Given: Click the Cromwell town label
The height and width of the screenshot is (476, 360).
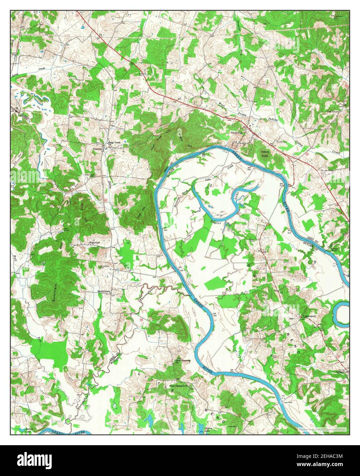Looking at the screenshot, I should point(236,132).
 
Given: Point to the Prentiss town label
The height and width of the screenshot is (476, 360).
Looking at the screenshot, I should point(98,149).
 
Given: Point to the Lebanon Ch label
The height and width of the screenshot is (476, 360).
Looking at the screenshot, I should point(342,372).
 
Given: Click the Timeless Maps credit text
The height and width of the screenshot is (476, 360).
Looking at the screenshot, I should point(321,429).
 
